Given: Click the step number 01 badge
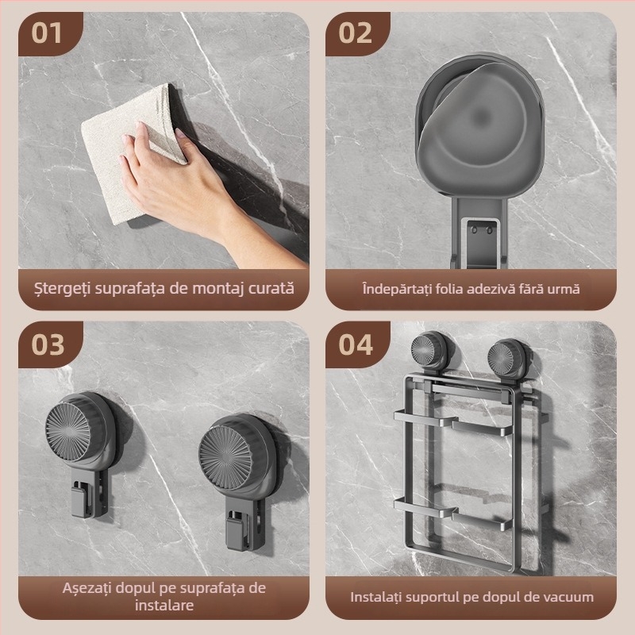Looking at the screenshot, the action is (48, 33).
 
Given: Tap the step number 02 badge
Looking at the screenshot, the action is (355, 33).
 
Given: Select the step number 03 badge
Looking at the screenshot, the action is (48, 344).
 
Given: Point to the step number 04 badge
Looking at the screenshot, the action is (355, 344).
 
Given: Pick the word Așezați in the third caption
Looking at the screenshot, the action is (87, 588).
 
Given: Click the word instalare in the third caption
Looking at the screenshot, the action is (164, 606).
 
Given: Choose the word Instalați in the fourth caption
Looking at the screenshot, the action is (375, 598).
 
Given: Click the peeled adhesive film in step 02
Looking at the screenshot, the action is (474, 117).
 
